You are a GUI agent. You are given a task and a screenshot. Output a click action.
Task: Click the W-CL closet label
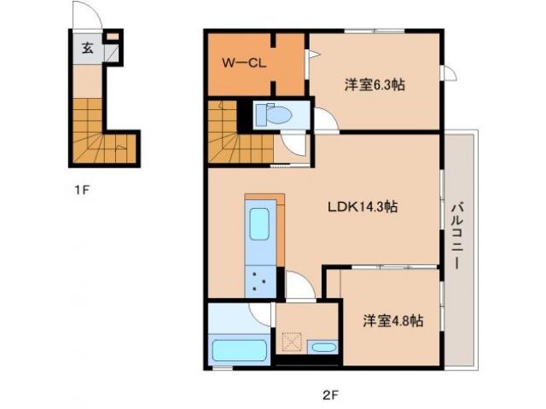pyautogui.click(x=244, y=63)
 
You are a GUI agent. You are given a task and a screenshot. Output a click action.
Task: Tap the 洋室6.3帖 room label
pyautogui.click(x=375, y=84)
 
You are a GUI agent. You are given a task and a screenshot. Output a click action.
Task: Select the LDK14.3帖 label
pyautogui.click(x=363, y=207)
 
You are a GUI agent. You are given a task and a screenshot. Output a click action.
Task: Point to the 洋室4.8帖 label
pyautogui.click(x=393, y=320)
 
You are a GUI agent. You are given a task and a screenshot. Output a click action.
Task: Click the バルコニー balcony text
pyautogui.click(x=457, y=237)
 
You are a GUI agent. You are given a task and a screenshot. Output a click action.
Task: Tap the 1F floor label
pyautogui.click(x=82, y=190)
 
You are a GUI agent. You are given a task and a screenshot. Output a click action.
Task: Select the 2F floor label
pyautogui.click(x=330, y=395)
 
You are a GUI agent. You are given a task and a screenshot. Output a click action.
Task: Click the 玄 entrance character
pyautogui.click(x=87, y=48)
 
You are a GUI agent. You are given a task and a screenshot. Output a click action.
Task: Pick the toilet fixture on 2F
pyautogui.click(x=274, y=114)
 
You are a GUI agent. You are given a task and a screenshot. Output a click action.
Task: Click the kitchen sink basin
pyautogui.click(x=259, y=224)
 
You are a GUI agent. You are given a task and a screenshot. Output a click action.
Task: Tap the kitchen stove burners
pyautogui.click(x=260, y=280)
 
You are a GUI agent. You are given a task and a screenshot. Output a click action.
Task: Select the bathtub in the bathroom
pyautogui.click(x=239, y=350)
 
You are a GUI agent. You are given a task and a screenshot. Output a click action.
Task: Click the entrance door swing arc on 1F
pyautogui.click(x=87, y=14)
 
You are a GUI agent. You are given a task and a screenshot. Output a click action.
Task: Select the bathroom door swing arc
pyautogui.click(x=260, y=314)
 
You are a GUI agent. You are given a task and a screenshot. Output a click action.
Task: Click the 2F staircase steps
pyautogui.click(x=240, y=139)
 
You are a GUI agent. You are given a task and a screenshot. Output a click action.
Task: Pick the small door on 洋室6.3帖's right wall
pyautogui.click(x=450, y=73)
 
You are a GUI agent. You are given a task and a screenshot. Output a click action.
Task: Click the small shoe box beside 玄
pyautogui.click(x=112, y=36)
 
